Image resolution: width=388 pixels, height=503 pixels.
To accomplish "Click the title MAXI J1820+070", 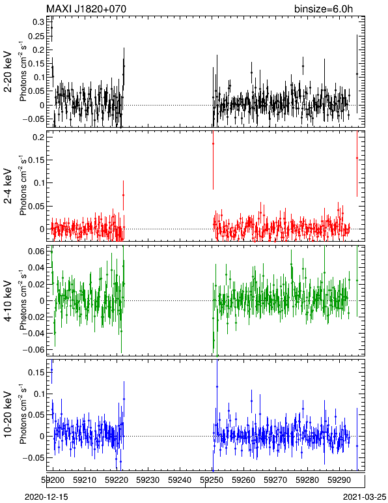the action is (x=87, y=8).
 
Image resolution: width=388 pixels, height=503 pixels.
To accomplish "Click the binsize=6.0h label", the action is (x=324, y=8).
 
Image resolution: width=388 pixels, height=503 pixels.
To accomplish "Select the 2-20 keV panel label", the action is (x=8, y=72).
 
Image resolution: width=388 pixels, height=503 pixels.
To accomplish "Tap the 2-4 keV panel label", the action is (x=8, y=186).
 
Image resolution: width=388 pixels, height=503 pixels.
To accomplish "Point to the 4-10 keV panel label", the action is (x=8, y=301).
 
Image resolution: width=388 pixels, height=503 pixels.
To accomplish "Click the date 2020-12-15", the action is (x=46, y=497).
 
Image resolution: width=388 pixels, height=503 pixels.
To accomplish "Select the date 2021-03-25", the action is (x=365, y=497).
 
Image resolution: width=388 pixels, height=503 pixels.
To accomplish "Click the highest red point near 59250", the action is (x=213, y=144).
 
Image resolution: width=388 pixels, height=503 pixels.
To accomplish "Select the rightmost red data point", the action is (x=357, y=158).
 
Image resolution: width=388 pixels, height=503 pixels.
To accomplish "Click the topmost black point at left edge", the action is (x=51, y=27).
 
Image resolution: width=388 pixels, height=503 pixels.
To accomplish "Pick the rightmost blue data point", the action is (x=357, y=446).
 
